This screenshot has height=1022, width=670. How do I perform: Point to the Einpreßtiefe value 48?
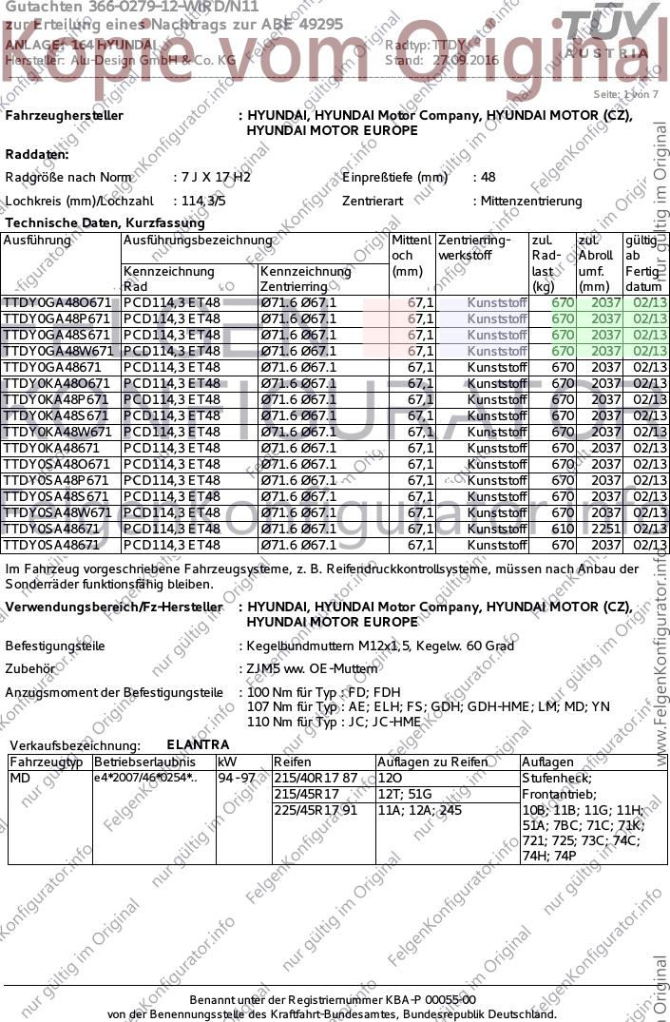pos(488,177)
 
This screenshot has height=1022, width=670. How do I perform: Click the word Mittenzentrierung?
pos(530,201)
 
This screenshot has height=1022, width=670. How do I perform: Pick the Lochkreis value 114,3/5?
pos(202,201)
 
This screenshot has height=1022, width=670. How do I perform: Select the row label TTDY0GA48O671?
pos(58,302)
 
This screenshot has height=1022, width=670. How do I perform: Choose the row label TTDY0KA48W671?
pos(58,432)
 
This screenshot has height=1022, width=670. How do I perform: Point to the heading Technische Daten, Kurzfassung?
pos(105,222)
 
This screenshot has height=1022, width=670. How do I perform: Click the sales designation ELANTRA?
pos(198,744)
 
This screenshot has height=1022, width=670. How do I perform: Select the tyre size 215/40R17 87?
pos(315,778)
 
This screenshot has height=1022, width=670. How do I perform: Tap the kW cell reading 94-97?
pos(238,778)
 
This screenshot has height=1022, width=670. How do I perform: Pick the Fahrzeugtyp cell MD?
pos(20,778)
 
